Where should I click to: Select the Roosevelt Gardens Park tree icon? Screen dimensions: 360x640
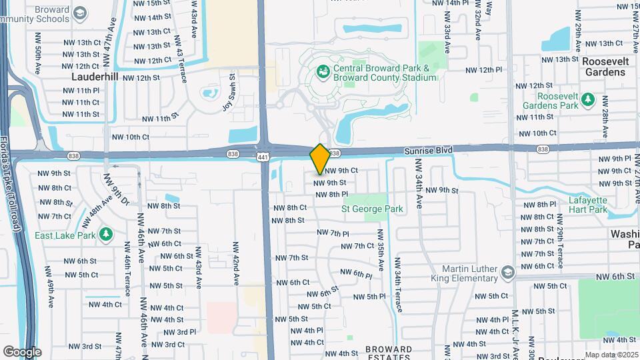(x=587, y=99)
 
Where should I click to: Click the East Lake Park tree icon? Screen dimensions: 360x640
(x=105, y=234)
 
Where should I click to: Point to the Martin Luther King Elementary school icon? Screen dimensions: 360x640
(x=507, y=272)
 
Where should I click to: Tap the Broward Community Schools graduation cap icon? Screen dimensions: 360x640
(x=80, y=13)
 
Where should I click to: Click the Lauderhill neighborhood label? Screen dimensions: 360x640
(x=95, y=77)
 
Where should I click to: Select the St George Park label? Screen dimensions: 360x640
(x=372, y=209)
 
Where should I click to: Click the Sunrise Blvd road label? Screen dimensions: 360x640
(x=428, y=151)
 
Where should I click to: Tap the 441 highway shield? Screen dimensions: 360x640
(x=265, y=155)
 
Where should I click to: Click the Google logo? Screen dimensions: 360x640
(x=22, y=351)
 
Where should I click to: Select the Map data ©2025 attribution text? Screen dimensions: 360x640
(x=611, y=355)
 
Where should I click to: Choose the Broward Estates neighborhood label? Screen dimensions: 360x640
(x=389, y=353)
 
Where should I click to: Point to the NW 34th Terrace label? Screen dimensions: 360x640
(x=399, y=287)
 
